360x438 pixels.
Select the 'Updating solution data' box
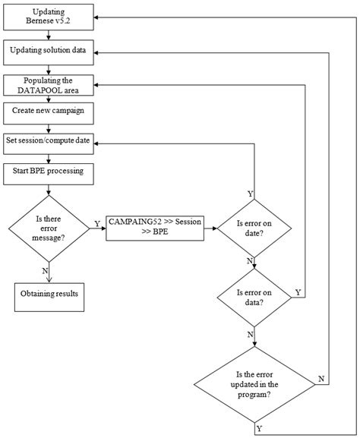[49, 51]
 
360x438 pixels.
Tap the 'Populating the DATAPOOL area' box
[49, 85]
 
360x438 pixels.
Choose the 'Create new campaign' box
[49, 111]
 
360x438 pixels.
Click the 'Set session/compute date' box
[49, 141]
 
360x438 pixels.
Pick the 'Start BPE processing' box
[49, 171]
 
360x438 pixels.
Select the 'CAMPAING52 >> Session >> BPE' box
[155, 226]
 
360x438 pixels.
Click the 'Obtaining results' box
[49, 295]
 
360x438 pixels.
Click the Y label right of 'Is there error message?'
[96, 223]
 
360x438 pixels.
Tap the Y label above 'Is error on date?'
[250, 194]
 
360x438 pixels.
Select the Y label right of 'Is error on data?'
[297, 292]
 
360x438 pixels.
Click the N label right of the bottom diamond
[322, 378]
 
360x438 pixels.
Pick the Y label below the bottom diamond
[261, 429]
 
